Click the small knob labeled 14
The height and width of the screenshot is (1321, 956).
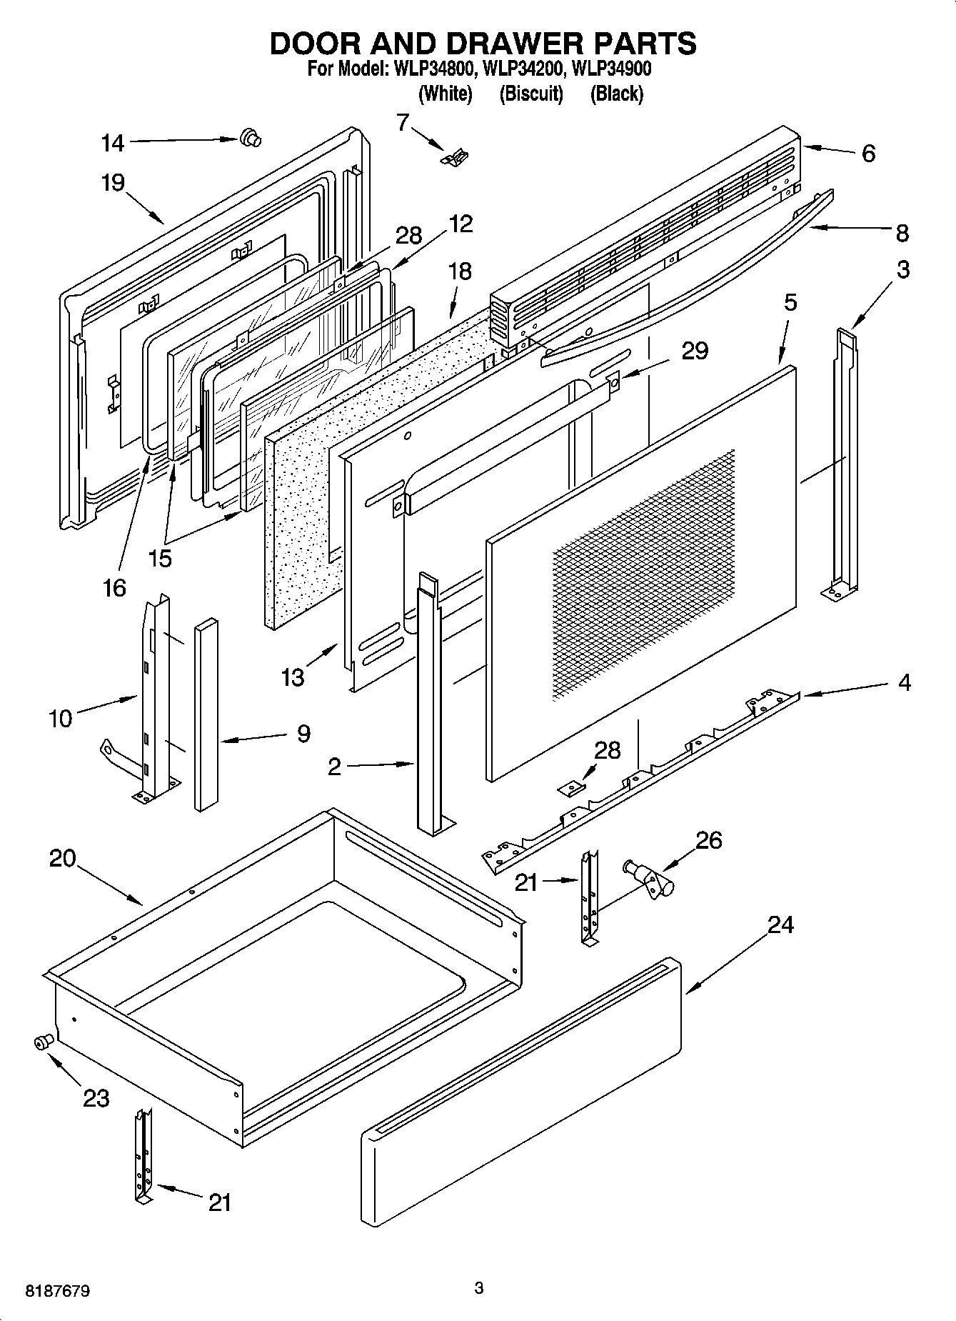point(249,137)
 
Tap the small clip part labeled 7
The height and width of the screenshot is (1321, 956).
point(455,157)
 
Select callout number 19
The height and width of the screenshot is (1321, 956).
point(112,183)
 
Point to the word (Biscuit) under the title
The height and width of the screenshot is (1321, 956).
point(531,94)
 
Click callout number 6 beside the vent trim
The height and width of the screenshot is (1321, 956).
point(868,153)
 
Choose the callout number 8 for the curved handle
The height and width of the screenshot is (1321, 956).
point(902,232)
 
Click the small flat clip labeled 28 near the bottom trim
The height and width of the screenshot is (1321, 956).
point(571,787)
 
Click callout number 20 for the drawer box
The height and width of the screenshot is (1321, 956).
point(62,858)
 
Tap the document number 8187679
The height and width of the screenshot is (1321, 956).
point(58,1291)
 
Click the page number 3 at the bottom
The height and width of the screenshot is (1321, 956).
point(479,1288)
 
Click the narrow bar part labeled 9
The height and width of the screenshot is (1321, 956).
point(206,714)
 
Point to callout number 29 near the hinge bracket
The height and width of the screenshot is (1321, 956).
point(694,351)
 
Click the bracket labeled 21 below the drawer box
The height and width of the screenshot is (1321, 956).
point(144,1156)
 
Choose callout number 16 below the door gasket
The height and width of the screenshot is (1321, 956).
point(114,587)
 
